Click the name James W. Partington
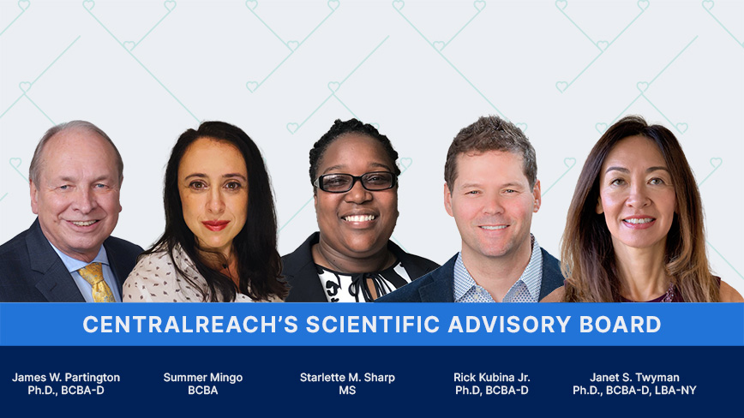coord(66,377)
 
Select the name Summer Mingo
coord(203,377)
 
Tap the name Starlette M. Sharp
coord(347,377)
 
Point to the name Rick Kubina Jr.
coord(492,377)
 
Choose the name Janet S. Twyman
coord(634,377)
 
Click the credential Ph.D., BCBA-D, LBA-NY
coord(634,391)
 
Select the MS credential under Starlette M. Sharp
coord(347,391)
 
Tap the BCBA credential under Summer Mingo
coord(203,391)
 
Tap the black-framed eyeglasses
coord(355,182)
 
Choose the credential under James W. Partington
coord(66,391)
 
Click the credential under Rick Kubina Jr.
coord(492,391)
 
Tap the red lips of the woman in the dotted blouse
coord(215,225)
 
